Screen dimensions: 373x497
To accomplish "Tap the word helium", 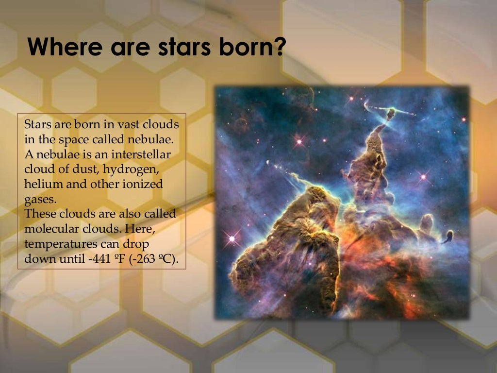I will click(40, 185).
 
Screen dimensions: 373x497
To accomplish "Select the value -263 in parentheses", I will click(146, 259).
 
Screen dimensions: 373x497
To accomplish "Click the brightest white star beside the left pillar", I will click(232, 238).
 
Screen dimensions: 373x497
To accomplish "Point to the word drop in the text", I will click(136, 244).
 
